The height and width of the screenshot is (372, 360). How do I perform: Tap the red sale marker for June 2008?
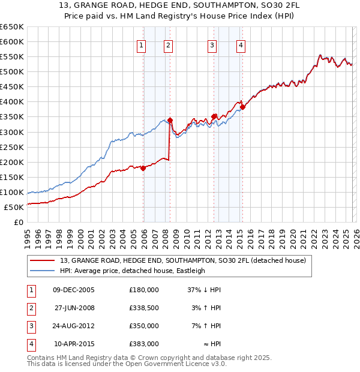pos(170,120)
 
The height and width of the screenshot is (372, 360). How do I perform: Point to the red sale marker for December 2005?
pos(143,168)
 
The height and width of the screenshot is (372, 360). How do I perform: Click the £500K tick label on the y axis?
pos(12,72)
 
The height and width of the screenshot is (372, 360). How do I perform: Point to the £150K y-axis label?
pos(12,178)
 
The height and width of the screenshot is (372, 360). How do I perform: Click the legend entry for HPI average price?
pos(132,271)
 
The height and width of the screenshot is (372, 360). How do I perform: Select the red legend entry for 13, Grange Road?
pos(183,260)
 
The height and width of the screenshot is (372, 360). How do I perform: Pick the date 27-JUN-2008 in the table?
pos(74,308)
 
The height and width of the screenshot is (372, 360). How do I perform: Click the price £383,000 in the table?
pos(143,344)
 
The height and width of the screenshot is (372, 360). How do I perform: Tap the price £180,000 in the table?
pos(143,290)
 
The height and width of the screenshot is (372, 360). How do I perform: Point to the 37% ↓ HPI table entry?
pos(205,290)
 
